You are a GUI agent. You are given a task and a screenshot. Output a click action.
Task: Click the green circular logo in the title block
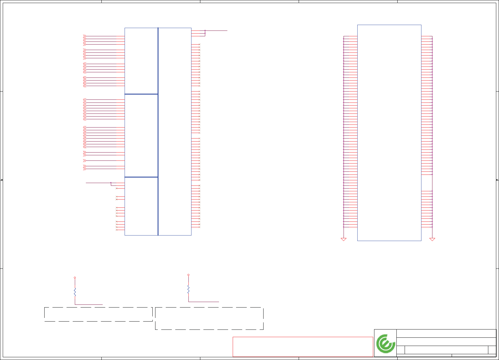coord(386,344)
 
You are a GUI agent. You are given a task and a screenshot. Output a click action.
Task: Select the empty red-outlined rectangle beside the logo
coord(303,347)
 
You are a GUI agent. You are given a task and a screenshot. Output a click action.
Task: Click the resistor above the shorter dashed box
coord(75,292)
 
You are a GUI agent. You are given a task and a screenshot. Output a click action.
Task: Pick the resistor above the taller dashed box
coord(188,289)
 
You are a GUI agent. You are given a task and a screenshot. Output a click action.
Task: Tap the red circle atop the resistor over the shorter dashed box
coord(75,278)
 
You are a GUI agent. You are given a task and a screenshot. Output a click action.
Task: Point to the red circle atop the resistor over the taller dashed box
coord(188,275)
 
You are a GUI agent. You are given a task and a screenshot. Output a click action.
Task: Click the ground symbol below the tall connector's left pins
coord(344,239)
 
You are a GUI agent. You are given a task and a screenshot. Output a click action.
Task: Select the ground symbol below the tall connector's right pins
coord(432,239)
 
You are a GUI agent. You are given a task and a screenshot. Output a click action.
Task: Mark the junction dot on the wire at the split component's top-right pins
coord(205,31)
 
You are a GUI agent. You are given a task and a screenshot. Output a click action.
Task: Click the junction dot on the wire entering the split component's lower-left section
coord(111,183)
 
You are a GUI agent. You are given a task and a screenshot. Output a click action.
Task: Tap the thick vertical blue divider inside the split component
coord(158,131)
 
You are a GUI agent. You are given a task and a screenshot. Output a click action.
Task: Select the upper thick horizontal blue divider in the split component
coord(141,94)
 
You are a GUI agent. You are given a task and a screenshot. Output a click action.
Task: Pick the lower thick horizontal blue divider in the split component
coord(141,177)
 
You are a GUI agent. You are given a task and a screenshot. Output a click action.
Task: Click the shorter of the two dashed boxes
coord(98,314)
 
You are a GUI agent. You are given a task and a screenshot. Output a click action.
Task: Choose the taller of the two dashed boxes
coord(209,319)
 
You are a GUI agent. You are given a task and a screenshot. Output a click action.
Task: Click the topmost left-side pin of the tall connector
coord(350,36)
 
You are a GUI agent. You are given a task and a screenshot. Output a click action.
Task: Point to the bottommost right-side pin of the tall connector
coord(427,227)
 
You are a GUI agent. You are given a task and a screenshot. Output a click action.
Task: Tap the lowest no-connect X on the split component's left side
coord(116,230)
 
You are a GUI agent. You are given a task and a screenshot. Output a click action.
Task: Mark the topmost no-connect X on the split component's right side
coord(199,45)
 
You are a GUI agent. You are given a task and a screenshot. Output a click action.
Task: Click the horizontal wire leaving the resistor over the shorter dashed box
coord(89,304)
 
